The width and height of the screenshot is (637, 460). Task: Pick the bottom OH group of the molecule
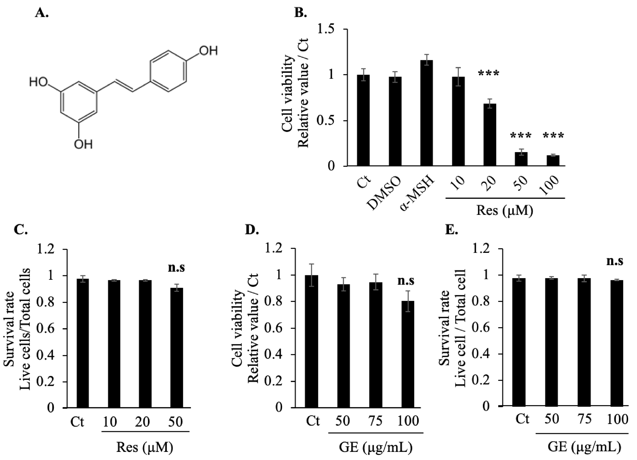pos(83,144)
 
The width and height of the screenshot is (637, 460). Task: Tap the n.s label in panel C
pos(176,267)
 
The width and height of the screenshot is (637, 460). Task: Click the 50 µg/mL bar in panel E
pos(551,342)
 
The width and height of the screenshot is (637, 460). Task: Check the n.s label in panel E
pos(615,261)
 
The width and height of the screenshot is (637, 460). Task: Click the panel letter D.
pos(252,230)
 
